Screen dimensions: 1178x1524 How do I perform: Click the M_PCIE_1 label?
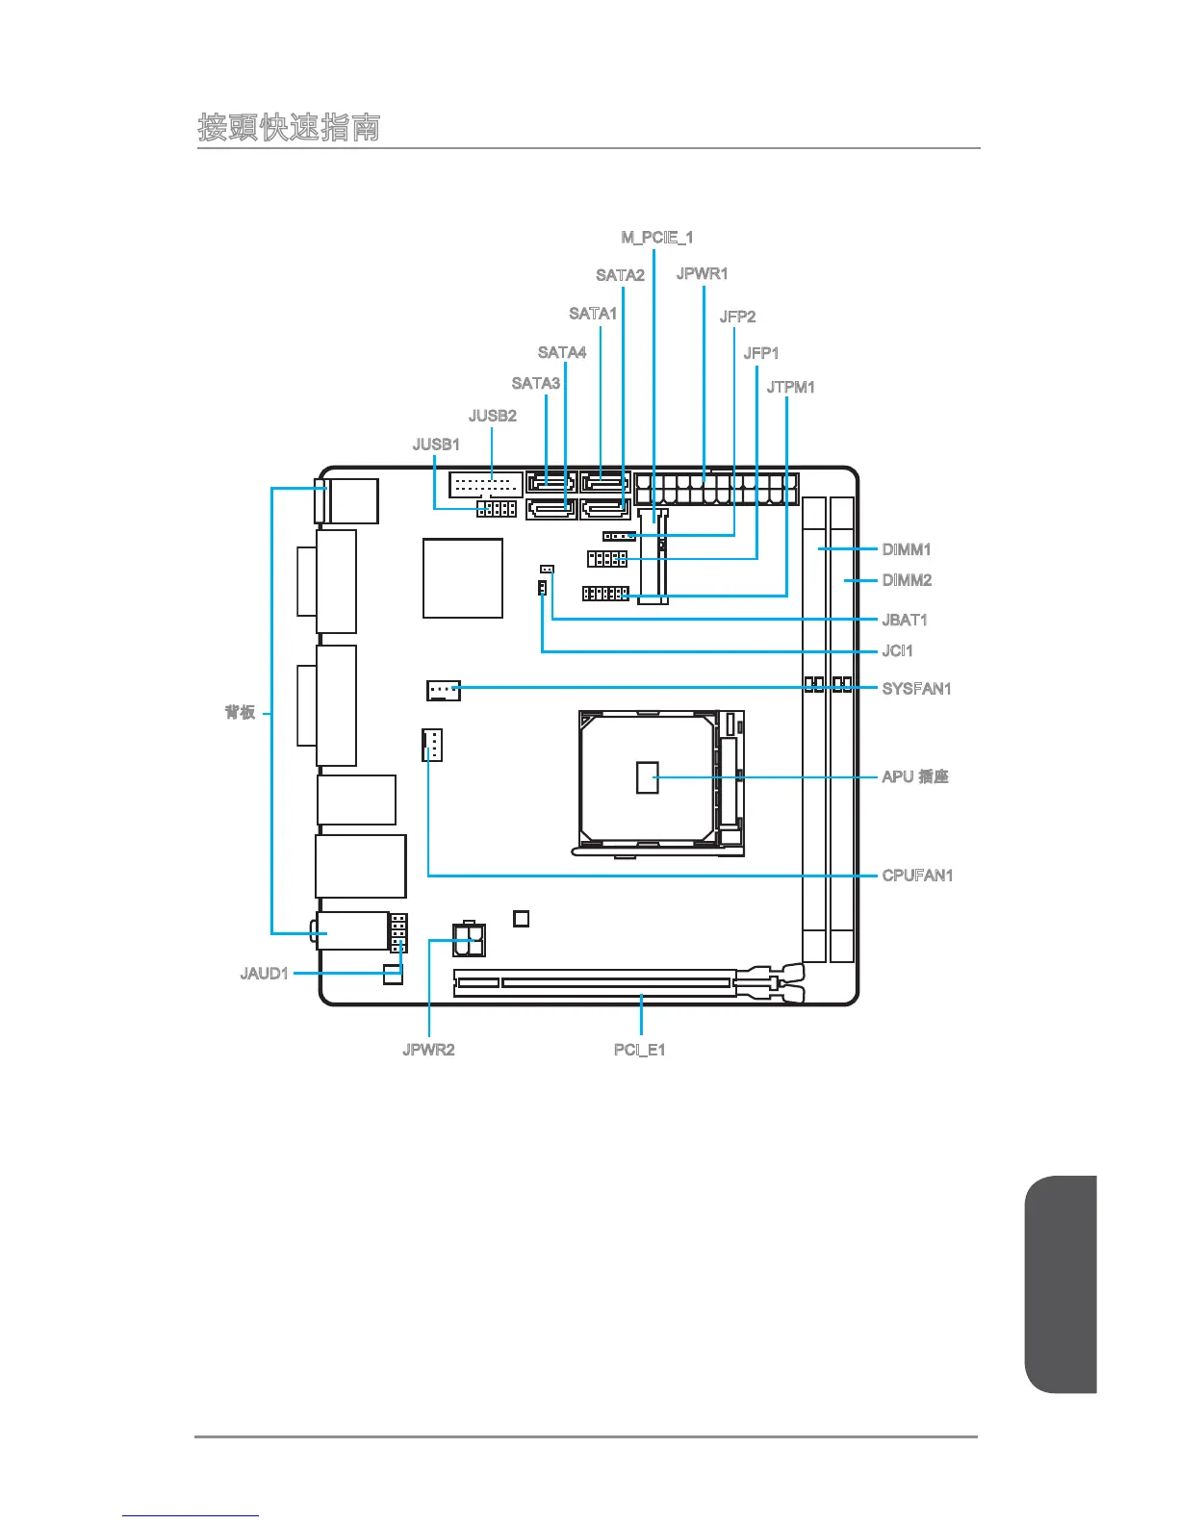tap(656, 238)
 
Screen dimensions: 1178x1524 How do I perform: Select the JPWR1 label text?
tap(702, 274)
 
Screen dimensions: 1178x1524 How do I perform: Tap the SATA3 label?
tap(535, 384)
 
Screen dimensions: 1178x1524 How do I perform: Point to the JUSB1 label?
tap(436, 444)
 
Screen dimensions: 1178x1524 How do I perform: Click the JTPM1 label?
tap(790, 388)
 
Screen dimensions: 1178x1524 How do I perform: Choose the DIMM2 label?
tap(907, 580)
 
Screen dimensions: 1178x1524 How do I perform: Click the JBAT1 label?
tap(905, 621)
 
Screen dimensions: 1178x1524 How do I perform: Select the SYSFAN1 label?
tap(916, 689)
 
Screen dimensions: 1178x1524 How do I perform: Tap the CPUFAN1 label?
tap(917, 876)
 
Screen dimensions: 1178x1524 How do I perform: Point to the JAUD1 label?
tap(264, 974)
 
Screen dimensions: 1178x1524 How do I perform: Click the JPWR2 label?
tap(428, 1050)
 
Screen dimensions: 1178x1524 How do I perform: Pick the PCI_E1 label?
tap(639, 1050)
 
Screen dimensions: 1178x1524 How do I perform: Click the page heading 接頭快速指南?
tap(289, 127)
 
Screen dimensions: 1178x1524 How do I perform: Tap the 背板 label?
tap(240, 712)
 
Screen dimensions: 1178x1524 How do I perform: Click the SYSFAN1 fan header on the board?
tap(443, 690)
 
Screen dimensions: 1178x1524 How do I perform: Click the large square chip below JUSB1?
tap(463, 578)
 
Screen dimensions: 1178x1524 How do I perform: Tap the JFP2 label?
tap(737, 317)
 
